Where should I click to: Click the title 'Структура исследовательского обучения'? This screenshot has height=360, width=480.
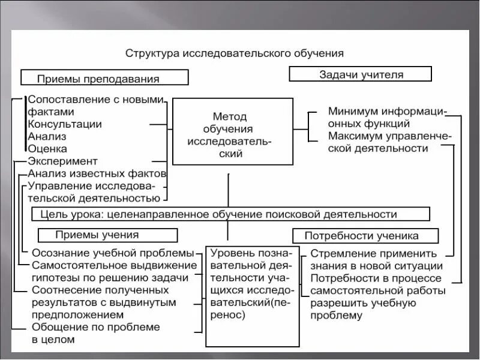235,53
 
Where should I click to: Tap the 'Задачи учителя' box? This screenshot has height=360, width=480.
360,74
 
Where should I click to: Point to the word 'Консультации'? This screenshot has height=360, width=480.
65,124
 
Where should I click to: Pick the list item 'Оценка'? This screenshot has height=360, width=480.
47,148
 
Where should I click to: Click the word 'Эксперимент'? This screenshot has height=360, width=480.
62,161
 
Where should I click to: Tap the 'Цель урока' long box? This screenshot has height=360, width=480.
231,214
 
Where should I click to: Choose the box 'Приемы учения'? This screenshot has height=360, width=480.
97,235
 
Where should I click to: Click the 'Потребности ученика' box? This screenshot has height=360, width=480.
365,236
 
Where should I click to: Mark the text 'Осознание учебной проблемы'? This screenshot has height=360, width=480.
113,253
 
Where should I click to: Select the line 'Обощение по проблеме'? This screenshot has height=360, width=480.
96,327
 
